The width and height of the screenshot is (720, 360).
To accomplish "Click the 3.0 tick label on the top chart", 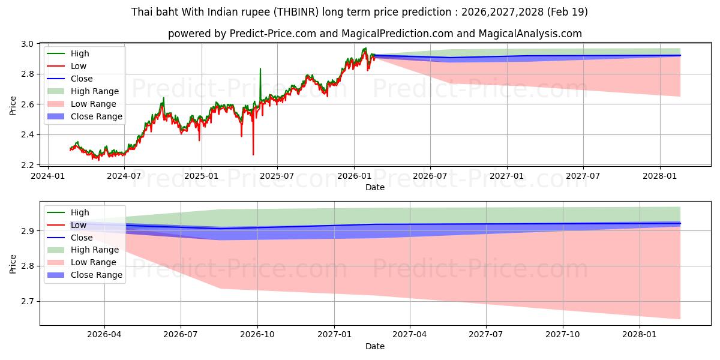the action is click(x=28, y=44).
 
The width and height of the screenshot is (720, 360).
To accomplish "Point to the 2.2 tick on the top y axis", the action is click(x=28, y=165).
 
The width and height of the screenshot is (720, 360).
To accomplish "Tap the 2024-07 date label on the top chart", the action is click(x=124, y=176).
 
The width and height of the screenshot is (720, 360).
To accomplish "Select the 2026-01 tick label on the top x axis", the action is click(x=354, y=176).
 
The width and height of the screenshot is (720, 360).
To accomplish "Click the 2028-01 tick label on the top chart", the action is click(x=660, y=176).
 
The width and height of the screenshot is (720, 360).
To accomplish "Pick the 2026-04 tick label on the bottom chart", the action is click(x=104, y=335).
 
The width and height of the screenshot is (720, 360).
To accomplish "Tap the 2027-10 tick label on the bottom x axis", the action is click(x=563, y=335).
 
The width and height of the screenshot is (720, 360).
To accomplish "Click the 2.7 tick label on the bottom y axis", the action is click(x=28, y=301).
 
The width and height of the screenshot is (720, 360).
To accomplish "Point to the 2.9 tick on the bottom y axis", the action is click(x=28, y=231).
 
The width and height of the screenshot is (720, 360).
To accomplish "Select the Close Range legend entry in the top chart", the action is click(x=85, y=116).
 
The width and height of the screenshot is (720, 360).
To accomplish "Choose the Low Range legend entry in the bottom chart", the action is click(x=82, y=262).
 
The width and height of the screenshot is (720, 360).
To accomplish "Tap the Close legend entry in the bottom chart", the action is click(x=70, y=238).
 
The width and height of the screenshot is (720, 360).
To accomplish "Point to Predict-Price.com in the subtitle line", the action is click(x=272, y=34).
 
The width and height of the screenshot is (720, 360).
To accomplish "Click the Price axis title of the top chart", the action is click(x=13, y=106).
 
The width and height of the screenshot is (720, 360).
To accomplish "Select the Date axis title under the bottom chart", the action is click(x=375, y=346).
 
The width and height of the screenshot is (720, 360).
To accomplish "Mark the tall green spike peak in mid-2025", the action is click(x=260, y=68).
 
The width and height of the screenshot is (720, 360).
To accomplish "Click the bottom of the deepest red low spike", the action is click(x=253, y=155).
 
